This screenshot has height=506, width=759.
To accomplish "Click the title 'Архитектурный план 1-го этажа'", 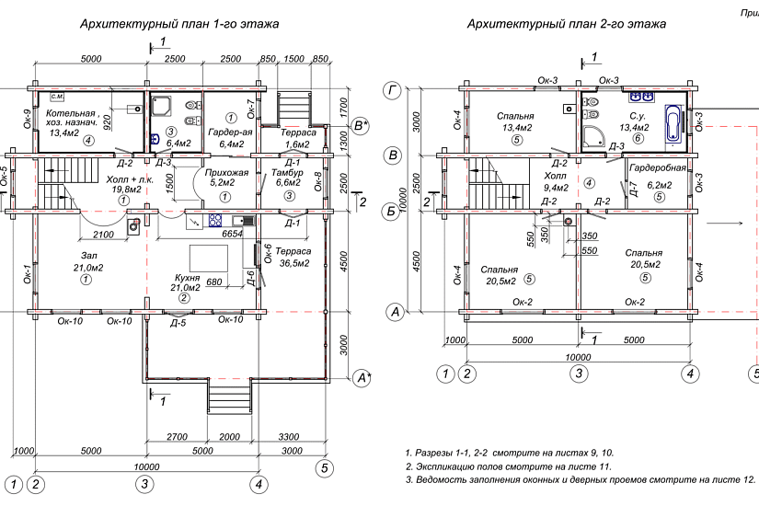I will (180, 23).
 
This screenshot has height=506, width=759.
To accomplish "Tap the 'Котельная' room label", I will (71, 112).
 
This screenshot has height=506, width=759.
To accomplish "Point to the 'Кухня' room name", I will (188, 277).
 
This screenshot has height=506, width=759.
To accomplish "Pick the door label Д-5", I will (178, 323).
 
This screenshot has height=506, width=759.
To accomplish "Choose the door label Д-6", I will (250, 280).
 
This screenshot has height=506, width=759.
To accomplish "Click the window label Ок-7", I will (251, 110).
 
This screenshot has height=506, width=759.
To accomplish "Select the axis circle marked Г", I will (394, 89).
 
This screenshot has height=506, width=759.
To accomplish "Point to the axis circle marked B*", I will (362, 124).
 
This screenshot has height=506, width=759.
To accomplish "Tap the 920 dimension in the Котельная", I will (108, 121).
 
